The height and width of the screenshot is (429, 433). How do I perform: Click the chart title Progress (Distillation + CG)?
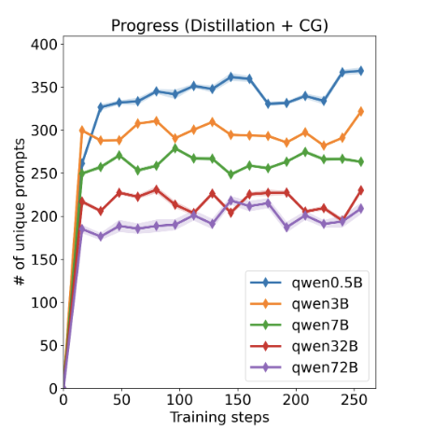(x=219, y=26)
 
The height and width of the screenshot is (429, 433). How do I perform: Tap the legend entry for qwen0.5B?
(x=306, y=283)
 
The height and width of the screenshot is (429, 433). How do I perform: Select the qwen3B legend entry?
(x=300, y=304)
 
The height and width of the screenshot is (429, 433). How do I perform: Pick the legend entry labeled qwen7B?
(x=300, y=325)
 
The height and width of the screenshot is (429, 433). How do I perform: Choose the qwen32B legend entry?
(x=304, y=346)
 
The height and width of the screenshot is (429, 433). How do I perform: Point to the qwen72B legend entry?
(x=304, y=367)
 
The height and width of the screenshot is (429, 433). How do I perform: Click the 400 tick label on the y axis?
(x=44, y=45)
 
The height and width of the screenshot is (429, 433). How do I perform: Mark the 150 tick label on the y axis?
(x=44, y=259)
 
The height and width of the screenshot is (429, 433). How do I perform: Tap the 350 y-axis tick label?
(x=44, y=88)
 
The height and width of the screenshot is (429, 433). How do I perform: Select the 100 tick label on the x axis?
(x=179, y=399)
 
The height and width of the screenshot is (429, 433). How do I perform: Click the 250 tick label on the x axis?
(x=354, y=399)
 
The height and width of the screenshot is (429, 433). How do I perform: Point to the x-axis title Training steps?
(x=219, y=418)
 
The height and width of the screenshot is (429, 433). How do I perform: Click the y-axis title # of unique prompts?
(x=20, y=212)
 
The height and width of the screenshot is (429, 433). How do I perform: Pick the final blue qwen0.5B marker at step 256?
(x=361, y=71)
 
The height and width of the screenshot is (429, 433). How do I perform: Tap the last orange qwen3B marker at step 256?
(x=361, y=111)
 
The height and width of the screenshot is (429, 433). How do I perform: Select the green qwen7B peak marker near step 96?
(x=175, y=148)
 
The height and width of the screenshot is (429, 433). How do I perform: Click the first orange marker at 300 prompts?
(x=82, y=131)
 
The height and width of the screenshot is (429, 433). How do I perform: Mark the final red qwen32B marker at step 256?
(x=361, y=190)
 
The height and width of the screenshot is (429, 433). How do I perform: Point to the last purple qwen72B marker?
(x=361, y=209)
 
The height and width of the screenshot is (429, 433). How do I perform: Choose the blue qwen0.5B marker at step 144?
(x=230, y=77)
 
